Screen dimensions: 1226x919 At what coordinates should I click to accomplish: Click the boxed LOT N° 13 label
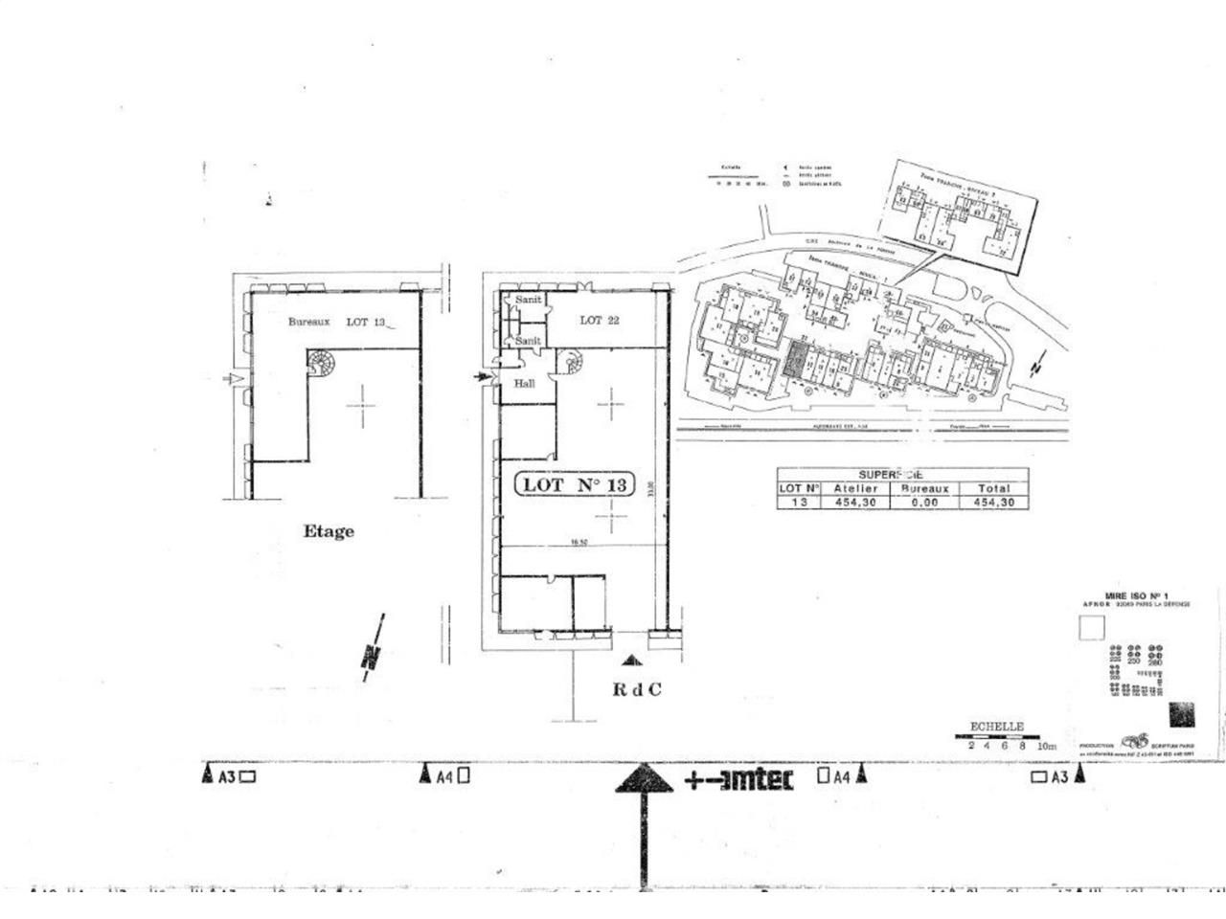576,485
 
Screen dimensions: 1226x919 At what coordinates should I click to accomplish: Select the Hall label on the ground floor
524,383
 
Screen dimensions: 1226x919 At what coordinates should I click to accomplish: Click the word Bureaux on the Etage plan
309,323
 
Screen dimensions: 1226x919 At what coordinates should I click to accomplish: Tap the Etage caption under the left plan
329,531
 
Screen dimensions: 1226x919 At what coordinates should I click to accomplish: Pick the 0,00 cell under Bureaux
924,502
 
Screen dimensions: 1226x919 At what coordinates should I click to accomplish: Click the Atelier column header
855,488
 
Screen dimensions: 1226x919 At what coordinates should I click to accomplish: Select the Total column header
993,488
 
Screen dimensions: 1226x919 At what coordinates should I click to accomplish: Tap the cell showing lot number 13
799,502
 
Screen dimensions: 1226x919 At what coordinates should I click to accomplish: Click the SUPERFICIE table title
891,474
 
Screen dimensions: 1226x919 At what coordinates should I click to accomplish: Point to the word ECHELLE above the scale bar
997,727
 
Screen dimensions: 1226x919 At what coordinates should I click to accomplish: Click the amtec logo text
738,779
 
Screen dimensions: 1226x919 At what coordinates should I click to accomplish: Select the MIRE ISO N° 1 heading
1128,594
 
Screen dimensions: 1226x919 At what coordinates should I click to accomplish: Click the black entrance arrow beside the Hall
483,377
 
